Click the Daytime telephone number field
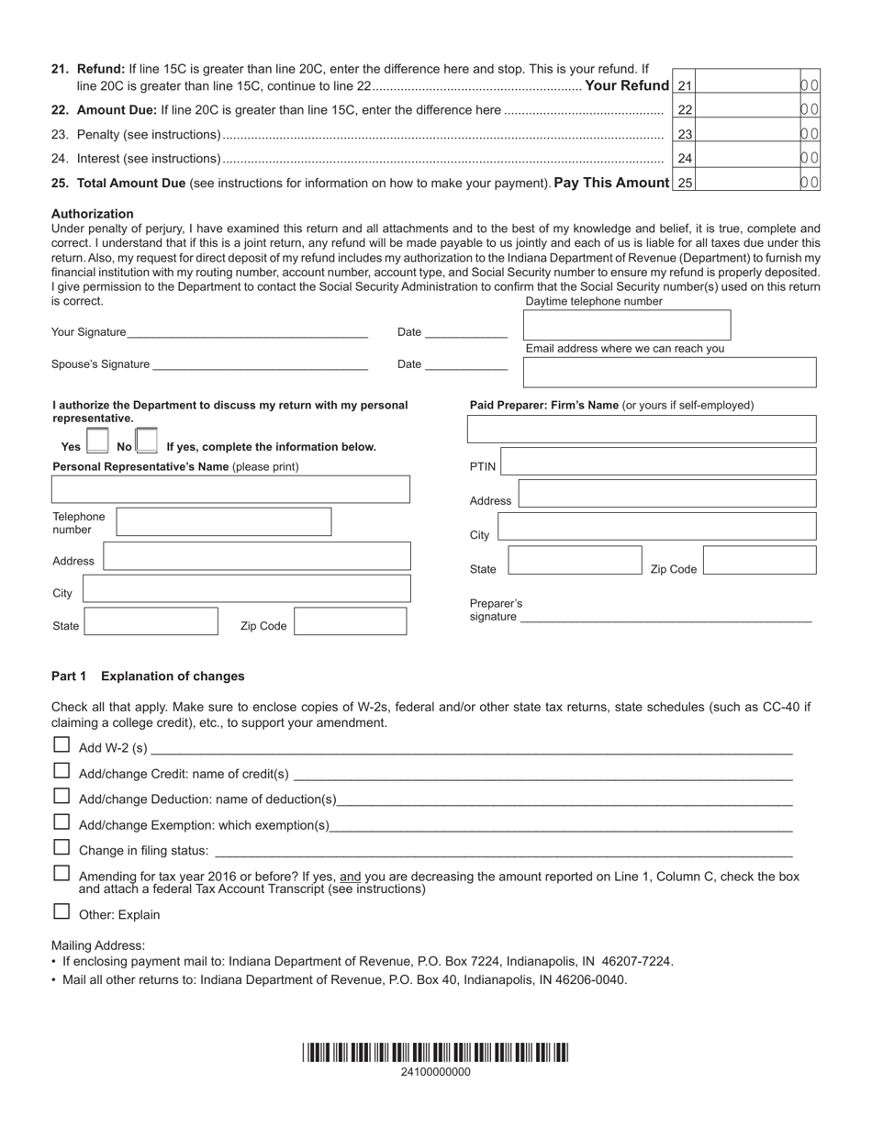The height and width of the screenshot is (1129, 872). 626,325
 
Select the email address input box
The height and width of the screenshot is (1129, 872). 669,372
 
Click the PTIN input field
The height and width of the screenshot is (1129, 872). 658,462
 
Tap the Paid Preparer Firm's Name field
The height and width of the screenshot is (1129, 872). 641,429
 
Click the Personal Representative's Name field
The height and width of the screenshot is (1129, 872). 230,489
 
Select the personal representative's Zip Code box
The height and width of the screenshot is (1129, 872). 350,621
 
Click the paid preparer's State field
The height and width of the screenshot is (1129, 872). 575,561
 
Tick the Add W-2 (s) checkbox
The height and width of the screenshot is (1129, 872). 61,745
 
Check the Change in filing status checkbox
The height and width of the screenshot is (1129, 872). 61,847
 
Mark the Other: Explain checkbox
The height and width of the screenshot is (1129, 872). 61,911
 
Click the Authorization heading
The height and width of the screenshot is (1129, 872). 93,214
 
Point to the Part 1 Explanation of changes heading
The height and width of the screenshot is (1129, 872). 148,676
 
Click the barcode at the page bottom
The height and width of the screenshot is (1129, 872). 435,1052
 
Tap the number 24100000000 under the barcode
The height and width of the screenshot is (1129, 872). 435,1072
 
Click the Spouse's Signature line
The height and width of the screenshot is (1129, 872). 260,364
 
